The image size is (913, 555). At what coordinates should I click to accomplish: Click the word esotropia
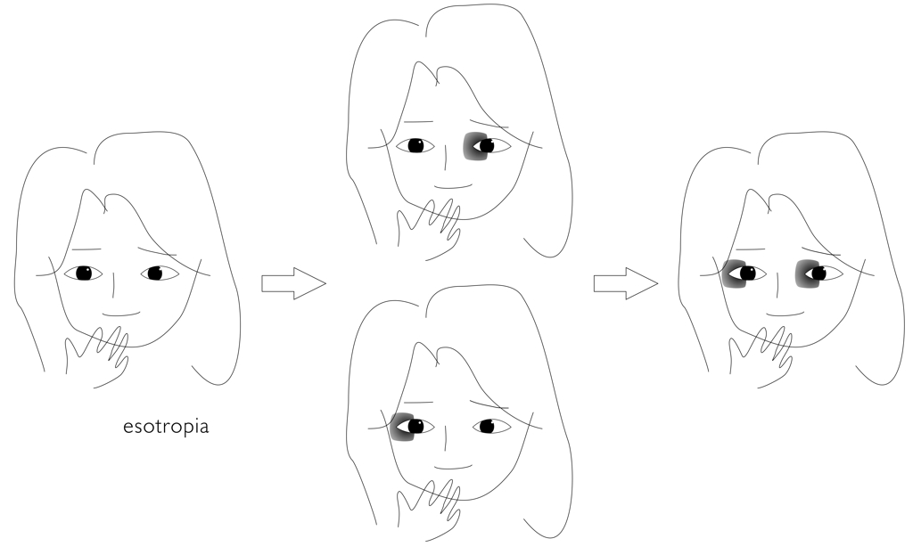pyautogui.click(x=166, y=428)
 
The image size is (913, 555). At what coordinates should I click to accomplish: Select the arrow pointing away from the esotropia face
pyautogui.click(x=293, y=283)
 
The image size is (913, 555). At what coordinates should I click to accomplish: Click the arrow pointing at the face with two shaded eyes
pyautogui.click(x=626, y=283)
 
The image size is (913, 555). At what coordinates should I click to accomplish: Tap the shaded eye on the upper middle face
pyautogui.click(x=486, y=145)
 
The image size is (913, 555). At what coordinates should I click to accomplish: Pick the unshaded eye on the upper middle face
pyautogui.click(x=415, y=145)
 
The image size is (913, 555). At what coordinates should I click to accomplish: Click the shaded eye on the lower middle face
pyautogui.click(x=412, y=427)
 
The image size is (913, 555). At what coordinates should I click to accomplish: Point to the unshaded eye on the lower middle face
pyautogui.click(x=491, y=427)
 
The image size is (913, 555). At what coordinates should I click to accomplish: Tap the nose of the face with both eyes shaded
pyautogui.click(x=777, y=282)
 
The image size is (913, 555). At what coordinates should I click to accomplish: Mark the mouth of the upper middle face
pyautogui.click(x=453, y=187)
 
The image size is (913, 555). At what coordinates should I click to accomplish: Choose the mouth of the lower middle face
pyautogui.click(x=453, y=467)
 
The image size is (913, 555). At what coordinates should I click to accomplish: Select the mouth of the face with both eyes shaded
pyautogui.click(x=785, y=314)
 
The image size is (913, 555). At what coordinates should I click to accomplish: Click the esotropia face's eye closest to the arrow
pyautogui.click(x=160, y=273)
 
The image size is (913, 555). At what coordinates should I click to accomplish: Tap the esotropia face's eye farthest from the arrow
pyautogui.click(x=83, y=273)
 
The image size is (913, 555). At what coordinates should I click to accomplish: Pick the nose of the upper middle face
pyautogui.click(x=446, y=156)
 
